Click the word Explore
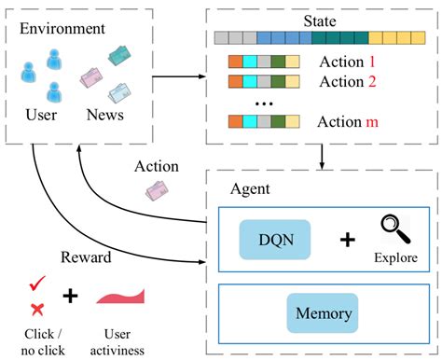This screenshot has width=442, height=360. pos(394,257)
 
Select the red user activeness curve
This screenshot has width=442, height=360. pos(119,297)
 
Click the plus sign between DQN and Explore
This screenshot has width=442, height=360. pos(346,241)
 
